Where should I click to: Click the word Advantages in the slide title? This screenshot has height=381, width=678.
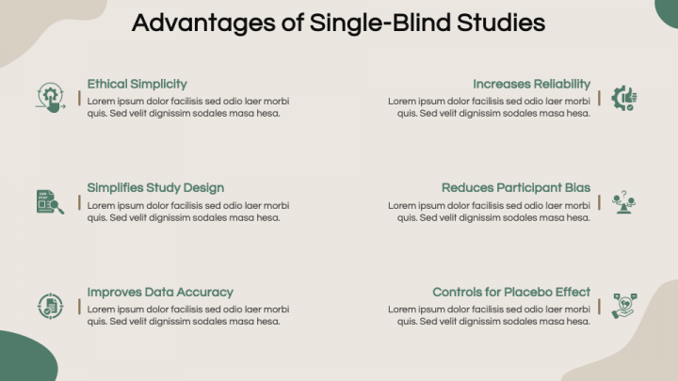click(203, 24)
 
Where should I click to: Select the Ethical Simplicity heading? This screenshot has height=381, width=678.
click(137, 85)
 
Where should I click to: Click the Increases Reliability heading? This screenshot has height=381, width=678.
click(531, 84)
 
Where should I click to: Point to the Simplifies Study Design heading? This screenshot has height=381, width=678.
click(155, 188)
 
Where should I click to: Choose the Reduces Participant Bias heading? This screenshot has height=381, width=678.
click(516, 188)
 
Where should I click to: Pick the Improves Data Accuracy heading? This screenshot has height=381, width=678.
click(160, 293)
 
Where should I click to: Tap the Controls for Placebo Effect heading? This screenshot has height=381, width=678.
click(511, 292)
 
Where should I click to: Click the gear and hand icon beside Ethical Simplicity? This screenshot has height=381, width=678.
click(51, 98)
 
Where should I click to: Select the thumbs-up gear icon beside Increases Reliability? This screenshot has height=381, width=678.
click(624, 98)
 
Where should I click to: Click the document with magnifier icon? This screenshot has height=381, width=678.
click(50, 201)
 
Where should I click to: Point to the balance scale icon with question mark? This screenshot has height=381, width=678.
click(623, 202)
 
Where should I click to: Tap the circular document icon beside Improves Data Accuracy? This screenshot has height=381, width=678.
click(50, 306)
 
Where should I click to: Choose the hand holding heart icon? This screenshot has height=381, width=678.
click(624, 306)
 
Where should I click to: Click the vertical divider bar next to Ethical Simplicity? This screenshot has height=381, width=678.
click(79, 98)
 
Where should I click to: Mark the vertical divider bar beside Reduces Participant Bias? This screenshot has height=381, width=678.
click(599, 202)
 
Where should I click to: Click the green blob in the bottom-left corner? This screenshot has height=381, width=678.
click(26, 357)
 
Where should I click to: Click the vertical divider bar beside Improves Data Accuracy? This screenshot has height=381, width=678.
click(79, 307)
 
